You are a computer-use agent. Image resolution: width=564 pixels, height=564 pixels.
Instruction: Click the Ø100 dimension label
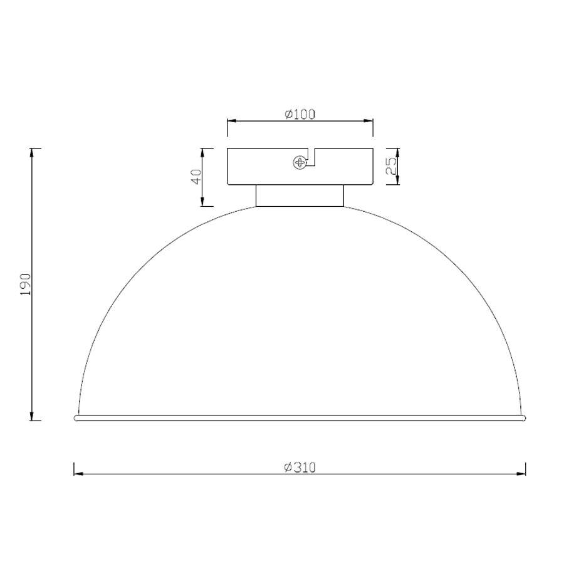pyautogui.click(x=300, y=114)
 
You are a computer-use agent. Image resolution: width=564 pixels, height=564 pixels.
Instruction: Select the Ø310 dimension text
pyautogui.click(x=300, y=467)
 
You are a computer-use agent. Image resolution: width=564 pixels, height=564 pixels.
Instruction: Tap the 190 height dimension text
pyautogui.click(x=26, y=284)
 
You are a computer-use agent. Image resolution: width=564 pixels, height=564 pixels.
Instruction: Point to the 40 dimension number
pyautogui.click(x=196, y=177)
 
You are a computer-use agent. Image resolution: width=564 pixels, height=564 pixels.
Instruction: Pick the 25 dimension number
pyautogui.click(x=391, y=166)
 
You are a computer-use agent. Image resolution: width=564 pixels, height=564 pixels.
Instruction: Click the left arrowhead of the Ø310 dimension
pyautogui.click(x=79, y=474)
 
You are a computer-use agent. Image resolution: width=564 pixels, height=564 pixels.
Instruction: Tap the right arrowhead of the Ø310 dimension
pyautogui.click(x=521, y=474)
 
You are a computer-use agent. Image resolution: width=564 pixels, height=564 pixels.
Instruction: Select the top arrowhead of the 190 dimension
pyautogui.click(x=33, y=154)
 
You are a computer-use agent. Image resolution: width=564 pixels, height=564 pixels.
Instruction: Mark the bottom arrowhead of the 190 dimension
pyautogui.click(x=33, y=415)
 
